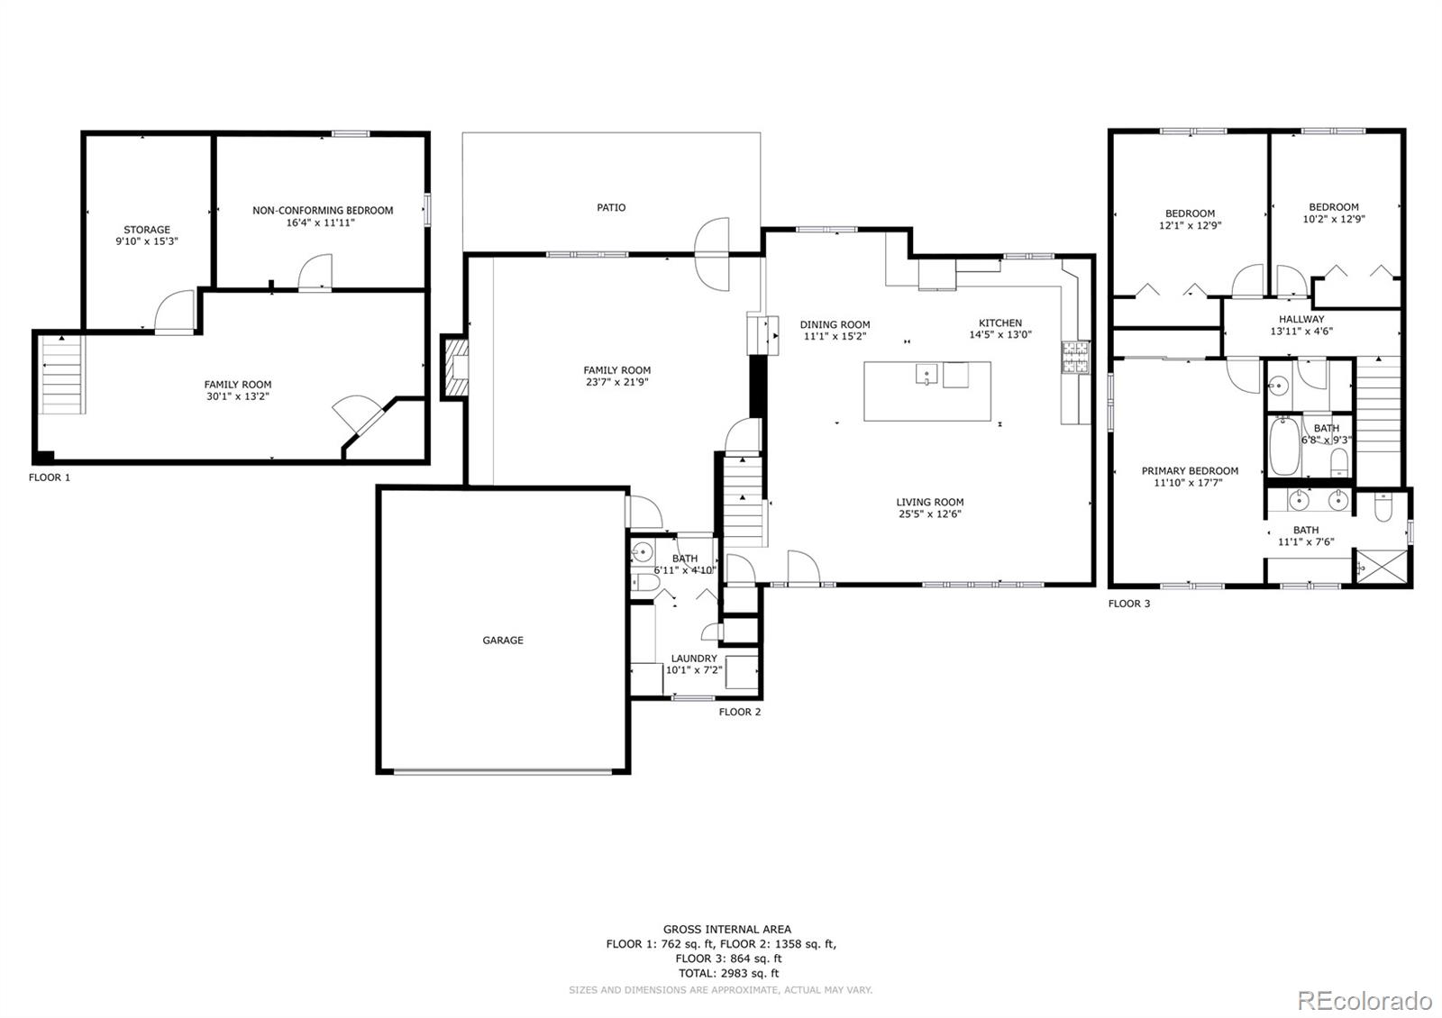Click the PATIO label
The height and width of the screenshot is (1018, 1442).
point(611,207)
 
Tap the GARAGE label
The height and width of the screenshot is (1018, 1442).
point(503,641)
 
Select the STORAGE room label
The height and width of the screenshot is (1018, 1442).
point(147,230)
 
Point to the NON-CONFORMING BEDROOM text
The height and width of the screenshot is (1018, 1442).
point(323,211)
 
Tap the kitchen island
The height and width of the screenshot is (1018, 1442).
point(927,391)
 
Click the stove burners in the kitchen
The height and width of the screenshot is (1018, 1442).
point(1076,357)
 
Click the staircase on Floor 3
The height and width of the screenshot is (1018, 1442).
point(1379,422)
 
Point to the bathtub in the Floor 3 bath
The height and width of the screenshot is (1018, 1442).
point(1285,447)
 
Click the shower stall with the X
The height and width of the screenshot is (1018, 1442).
point(1382,567)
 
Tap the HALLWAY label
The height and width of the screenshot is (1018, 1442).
point(1301,319)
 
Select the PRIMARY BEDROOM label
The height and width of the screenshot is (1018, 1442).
point(1190,471)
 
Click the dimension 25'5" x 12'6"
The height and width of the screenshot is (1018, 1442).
point(930,514)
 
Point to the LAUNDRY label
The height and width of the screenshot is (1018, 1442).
point(694,659)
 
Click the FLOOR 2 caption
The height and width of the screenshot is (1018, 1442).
point(740,712)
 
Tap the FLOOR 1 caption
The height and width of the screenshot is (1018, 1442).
point(50,477)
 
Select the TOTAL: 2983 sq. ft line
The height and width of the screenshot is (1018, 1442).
point(729,974)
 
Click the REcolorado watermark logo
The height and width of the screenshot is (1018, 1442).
point(1364,1001)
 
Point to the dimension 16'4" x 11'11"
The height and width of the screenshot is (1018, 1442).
point(321,223)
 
